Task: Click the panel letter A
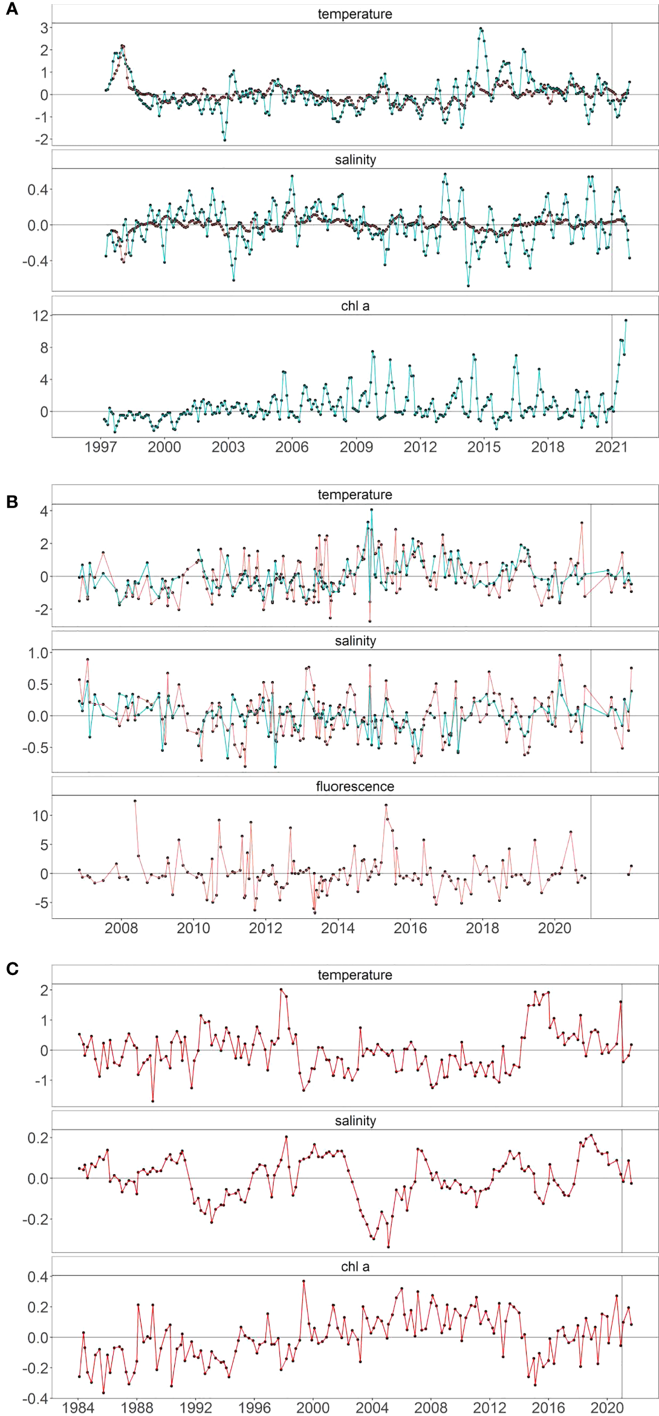click(11, 9)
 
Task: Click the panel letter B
click(11, 501)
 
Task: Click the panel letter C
click(12, 968)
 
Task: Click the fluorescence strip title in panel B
click(355, 786)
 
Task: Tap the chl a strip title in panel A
click(355, 306)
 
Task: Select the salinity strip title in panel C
click(355, 1121)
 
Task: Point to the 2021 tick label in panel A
click(611, 447)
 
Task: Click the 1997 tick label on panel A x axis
click(100, 447)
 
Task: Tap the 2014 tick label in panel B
click(337, 928)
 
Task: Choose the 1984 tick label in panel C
click(78, 1408)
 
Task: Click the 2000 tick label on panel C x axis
click(313, 1408)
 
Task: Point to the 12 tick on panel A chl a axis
click(41, 316)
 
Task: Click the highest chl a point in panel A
click(626, 321)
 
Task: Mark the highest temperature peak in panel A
click(481, 28)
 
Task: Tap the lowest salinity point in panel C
click(388, 1247)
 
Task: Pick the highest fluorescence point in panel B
click(135, 801)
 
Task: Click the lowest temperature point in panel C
click(153, 1101)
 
